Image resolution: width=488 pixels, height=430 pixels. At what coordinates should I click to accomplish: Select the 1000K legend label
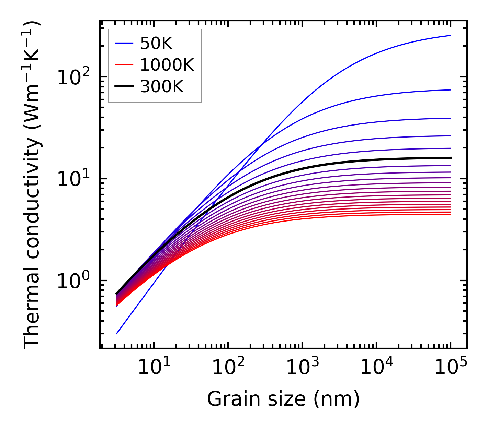[x=167, y=65]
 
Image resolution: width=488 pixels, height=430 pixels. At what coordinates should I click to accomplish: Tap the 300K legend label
[x=162, y=87]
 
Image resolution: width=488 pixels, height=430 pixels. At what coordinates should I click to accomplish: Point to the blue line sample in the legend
[x=124, y=43]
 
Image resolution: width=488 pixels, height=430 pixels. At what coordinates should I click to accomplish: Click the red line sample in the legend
[x=124, y=65]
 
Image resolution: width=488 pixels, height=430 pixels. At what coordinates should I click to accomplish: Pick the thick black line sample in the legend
[x=124, y=87]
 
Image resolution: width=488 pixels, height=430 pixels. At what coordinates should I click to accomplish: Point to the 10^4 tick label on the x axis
[x=376, y=368]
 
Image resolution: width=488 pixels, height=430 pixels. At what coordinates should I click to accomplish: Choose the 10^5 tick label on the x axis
[x=450, y=368]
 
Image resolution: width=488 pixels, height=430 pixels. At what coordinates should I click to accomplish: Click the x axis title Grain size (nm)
[x=283, y=399]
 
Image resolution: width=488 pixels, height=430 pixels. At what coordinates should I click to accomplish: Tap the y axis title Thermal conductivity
[x=32, y=184]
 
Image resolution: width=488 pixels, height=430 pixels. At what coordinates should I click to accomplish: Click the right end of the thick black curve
[x=451, y=158]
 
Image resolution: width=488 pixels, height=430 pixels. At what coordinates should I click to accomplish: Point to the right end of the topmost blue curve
[x=451, y=35]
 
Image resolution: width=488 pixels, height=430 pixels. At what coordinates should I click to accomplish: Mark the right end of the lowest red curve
[x=451, y=214]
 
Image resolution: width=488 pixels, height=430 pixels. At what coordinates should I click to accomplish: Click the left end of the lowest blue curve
[x=117, y=334]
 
